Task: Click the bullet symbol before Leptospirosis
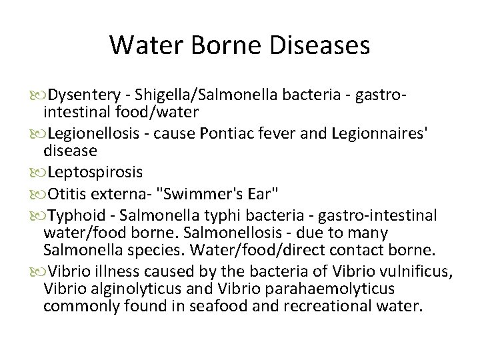click(x=35, y=173)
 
